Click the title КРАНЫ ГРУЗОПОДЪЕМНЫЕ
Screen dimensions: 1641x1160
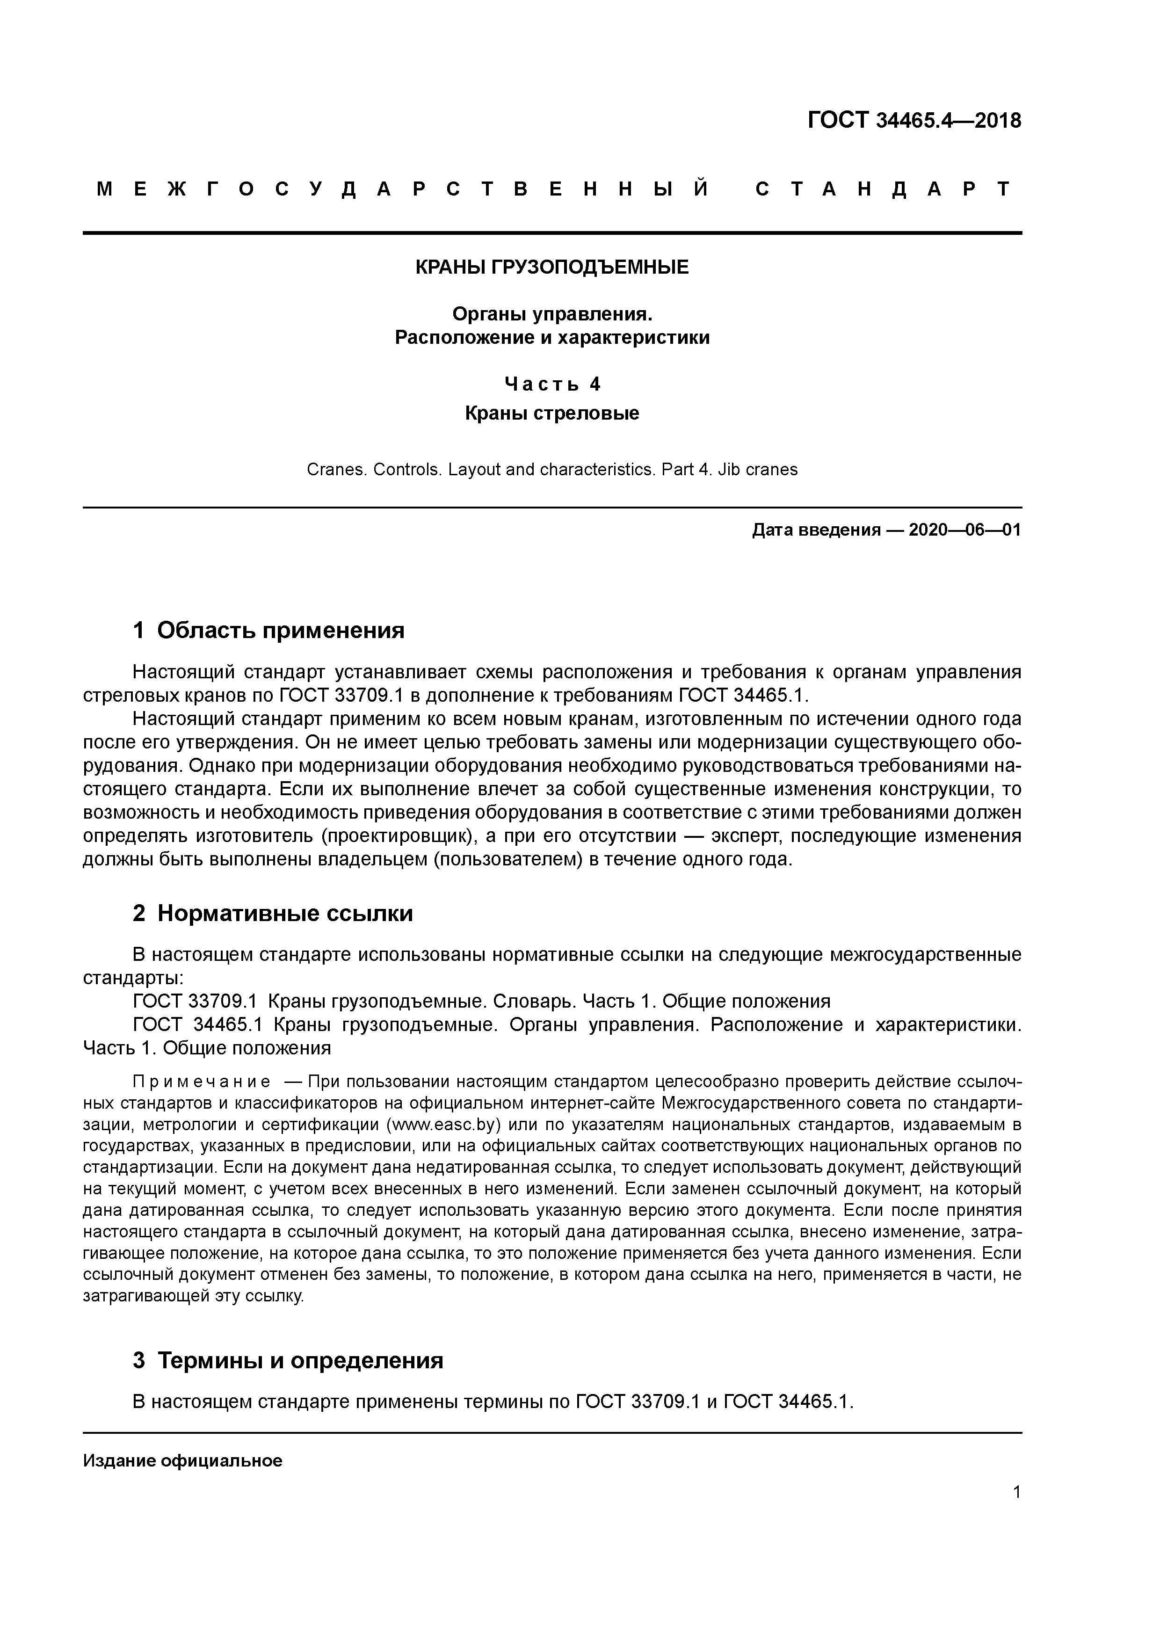(552, 267)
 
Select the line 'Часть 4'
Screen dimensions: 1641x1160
(552, 385)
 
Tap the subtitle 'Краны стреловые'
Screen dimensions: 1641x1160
(552, 413)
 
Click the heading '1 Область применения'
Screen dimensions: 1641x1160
(269, 631)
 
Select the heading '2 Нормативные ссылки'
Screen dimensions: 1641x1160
(273, 914)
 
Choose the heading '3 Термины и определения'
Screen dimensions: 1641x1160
(288, 1360)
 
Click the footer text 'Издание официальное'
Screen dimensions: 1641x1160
(183, 1461)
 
